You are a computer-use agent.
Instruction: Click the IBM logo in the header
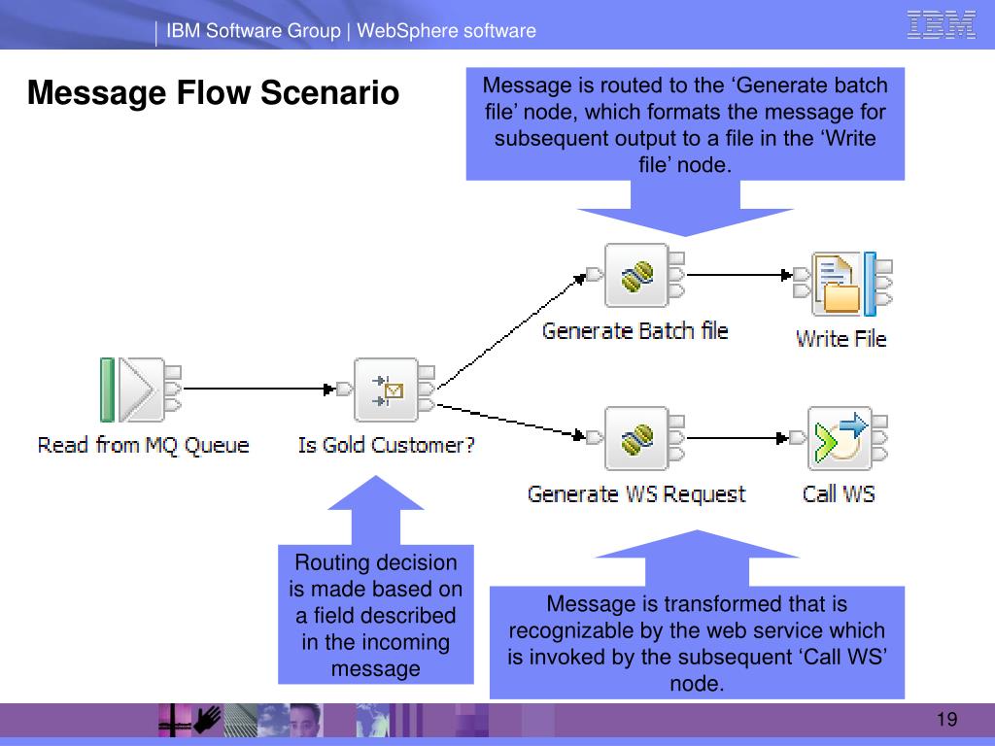click(x=941, y=25)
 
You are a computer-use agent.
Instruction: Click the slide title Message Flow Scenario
click(x=213, y=92)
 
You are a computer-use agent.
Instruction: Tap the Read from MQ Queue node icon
click(x=141, y=390)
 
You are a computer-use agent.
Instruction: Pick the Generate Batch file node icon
click(x=635, y=275)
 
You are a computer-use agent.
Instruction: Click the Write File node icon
click(x=842, y=284)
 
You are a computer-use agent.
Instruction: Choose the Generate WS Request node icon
click(x=635, y=438)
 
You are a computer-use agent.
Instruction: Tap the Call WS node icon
click(x=839, y=438)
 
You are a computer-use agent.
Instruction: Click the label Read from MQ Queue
click(x=144, y=445)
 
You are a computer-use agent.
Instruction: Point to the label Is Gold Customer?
click(x=387, y=445)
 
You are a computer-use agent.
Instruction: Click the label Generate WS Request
click(x=636, y=494)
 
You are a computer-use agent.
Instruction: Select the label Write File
click(x=841, y=339)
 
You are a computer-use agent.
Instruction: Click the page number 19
click(x=946, y=720)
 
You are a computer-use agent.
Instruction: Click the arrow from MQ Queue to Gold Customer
click(x=258, y=389)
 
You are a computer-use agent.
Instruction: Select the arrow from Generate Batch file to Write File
click(x=739, y=275)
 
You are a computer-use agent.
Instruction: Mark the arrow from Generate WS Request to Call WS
click(x=738, y=438)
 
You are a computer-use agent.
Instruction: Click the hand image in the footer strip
click(x=207, y=721)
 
